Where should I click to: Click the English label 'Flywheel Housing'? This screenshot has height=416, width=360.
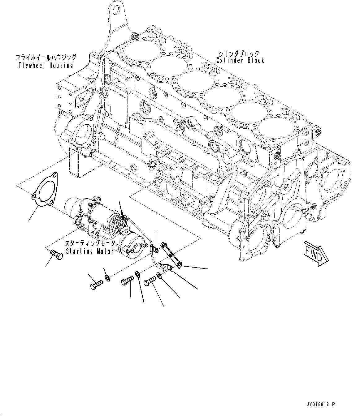[46, 65]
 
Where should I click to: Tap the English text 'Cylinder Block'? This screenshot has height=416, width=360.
[240, 60]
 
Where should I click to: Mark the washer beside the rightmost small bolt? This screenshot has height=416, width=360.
[159, 275]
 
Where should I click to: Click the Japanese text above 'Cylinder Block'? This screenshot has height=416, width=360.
[238, 54]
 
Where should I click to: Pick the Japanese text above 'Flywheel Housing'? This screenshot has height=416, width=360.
[46, 58]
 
